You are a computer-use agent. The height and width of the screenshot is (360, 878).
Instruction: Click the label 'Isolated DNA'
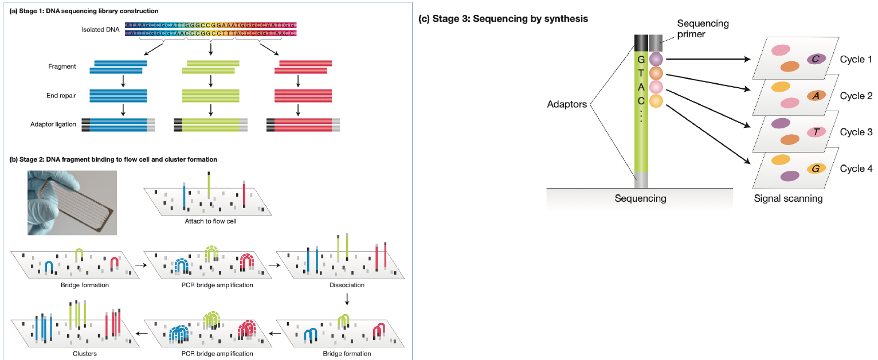[x=101, y=29]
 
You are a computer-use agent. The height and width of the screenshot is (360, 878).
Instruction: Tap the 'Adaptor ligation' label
[x=53, y=124]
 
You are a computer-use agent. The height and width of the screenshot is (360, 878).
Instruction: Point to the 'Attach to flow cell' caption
[x=210, y=222]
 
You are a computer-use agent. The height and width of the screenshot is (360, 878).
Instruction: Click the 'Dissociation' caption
[x=347, y=285]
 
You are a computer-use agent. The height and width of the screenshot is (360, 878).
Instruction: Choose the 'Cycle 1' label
[x=856, y=60]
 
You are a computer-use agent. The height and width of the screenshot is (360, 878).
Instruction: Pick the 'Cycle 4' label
[x=856, y=169]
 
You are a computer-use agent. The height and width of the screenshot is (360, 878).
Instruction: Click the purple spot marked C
[x=816, y=58]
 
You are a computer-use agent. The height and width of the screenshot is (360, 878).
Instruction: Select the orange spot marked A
[x=816, y=96]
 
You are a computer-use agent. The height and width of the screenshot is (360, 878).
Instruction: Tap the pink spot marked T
[x=816, y=132]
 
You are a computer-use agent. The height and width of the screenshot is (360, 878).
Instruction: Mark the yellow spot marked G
[x=816, y=169]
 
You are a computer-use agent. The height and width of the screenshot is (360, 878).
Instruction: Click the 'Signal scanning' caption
[x=788, y=199]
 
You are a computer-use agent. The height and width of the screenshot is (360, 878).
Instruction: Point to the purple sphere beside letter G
[x=656, y=58]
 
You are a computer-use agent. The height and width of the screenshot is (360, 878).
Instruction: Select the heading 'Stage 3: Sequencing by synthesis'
[x=504, y=19]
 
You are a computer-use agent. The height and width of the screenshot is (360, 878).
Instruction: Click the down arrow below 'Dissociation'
[x=347, y=300]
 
